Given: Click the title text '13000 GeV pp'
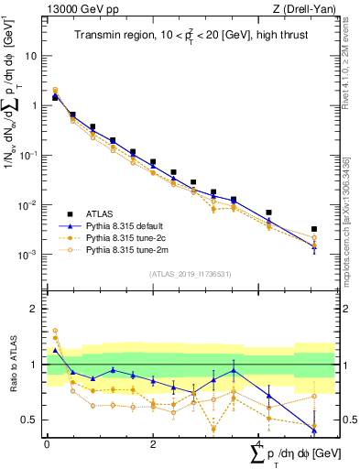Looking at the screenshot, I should [x=74, y=10].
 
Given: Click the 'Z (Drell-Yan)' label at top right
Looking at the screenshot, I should [x=307, y=10].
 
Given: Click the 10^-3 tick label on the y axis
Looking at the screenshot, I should [x=30, y=254].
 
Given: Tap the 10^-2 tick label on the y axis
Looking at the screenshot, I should [x=30, y=204].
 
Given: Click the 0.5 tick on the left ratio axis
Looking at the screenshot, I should [x=32, y=420].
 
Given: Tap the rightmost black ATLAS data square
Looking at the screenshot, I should [x=314, y=229].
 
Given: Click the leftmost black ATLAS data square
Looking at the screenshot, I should [x=56, y=96].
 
